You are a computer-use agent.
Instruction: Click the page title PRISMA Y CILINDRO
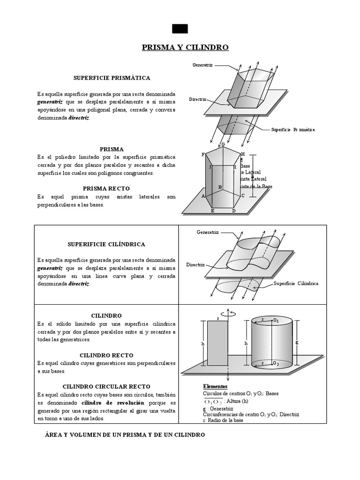[x=185, y=47]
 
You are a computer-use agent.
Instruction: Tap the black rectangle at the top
[x=180, y=29]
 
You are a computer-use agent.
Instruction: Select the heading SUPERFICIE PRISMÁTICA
[x=112, y=77]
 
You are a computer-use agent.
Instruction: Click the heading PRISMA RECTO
[x=106, y=188]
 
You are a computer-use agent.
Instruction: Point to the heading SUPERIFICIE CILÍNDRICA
[x=106, y=244]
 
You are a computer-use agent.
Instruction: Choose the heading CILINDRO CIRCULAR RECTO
[x=106, y=386]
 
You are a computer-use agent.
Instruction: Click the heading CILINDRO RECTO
[x=106, y=355]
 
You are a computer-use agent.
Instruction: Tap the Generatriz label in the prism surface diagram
[x=203, y=65]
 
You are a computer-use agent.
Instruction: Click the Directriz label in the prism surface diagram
[x=198, y=99]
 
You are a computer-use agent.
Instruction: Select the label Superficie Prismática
[x=293, y=129]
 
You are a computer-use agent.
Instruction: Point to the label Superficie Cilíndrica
[x=296, y=284]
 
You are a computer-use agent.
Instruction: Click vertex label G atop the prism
[x=223, y=144]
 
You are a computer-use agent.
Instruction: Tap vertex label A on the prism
[x=203, y=196]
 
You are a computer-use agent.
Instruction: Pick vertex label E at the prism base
[x=212, y=211]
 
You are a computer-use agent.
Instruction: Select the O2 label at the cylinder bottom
[x=276, y=364]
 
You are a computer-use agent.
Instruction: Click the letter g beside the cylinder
[x=297, y=342]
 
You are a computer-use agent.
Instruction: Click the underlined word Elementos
[x=215, y=386]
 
